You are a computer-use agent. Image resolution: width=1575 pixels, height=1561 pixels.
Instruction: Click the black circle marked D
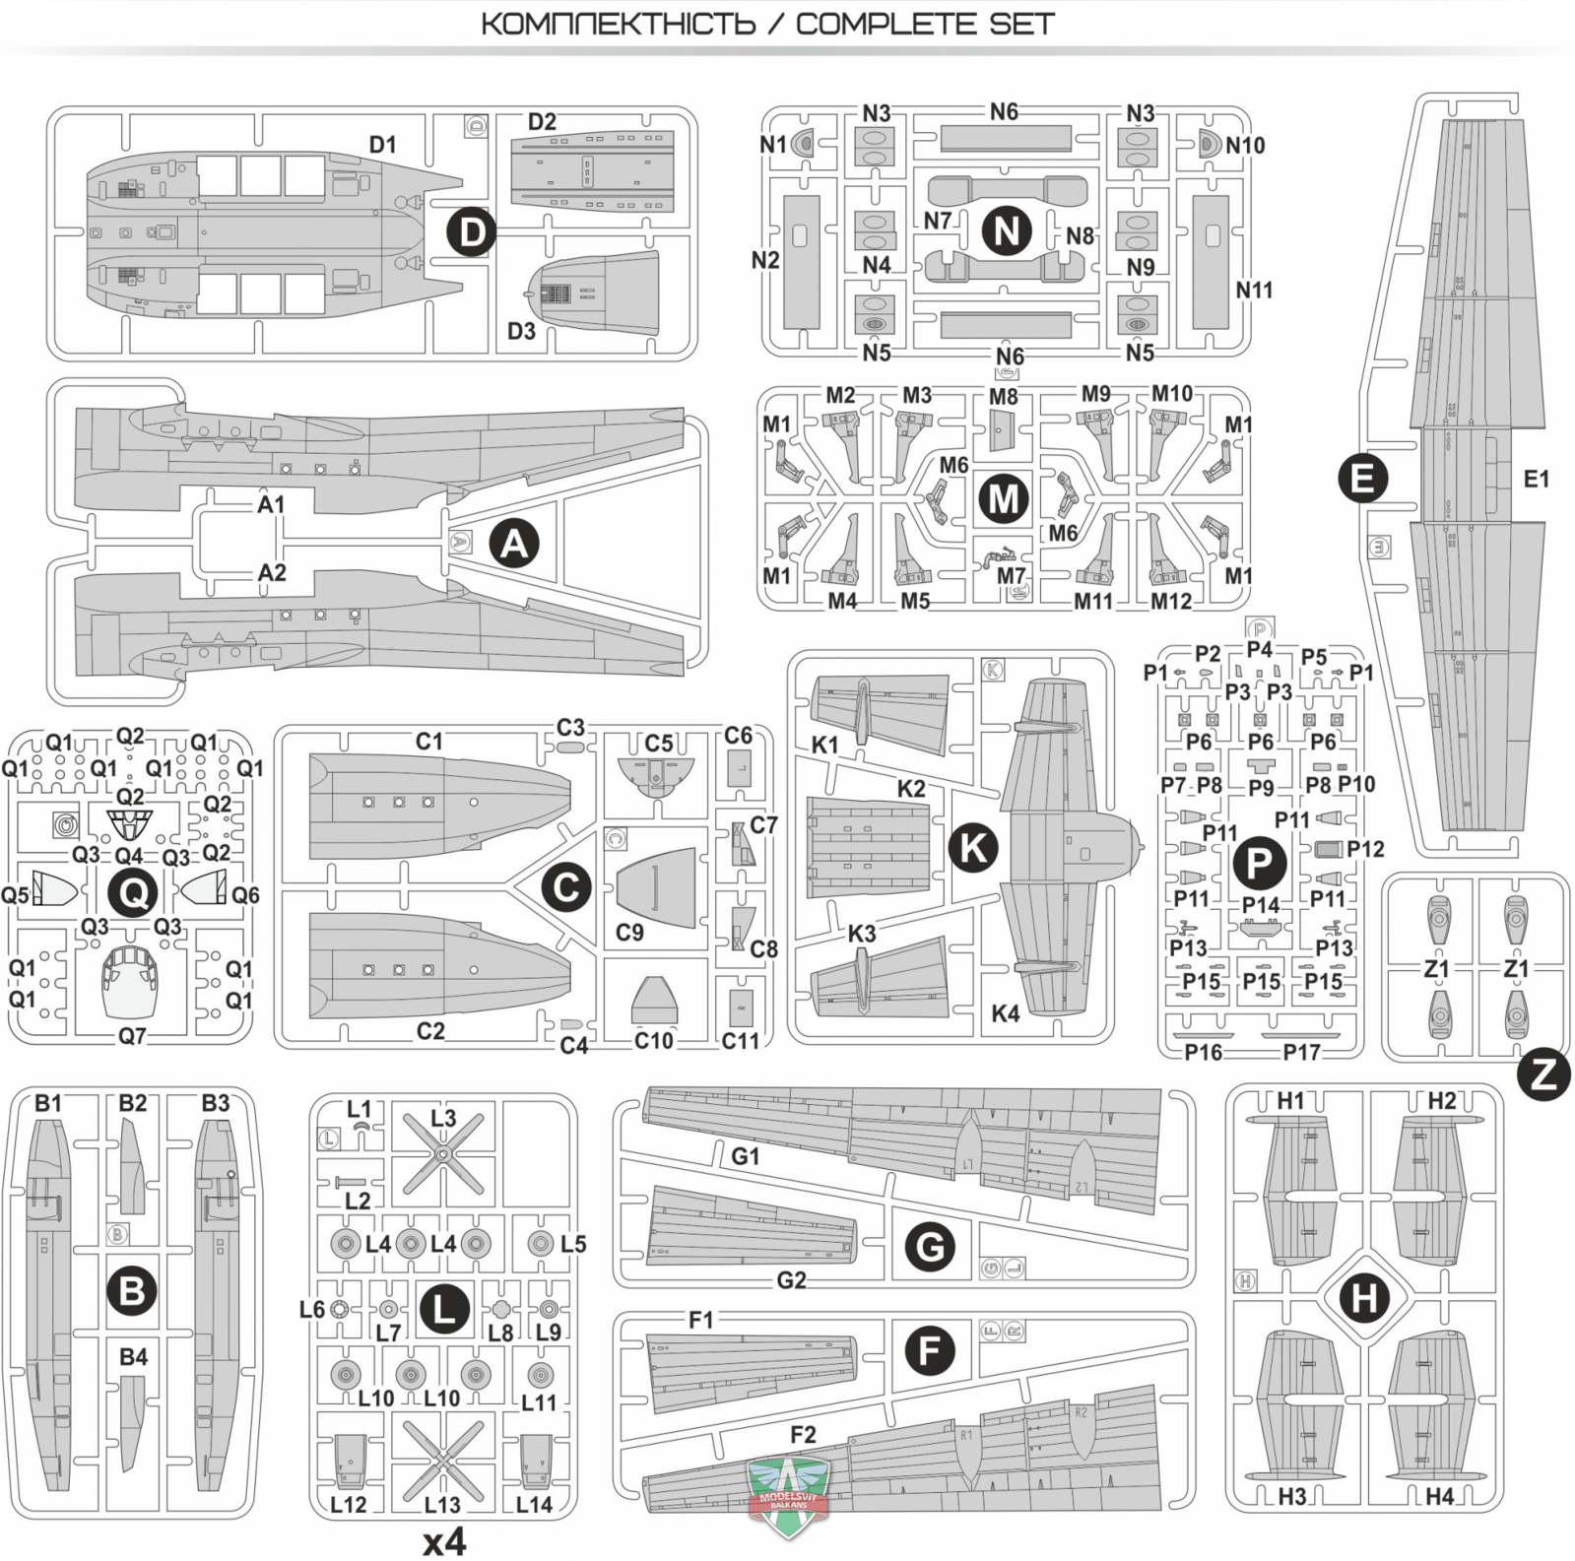(x=473, y=233)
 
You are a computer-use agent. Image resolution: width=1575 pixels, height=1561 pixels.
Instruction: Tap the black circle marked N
(x=1007, y=231)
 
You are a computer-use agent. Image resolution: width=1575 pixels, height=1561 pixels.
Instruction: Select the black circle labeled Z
(x=1542, y=1074)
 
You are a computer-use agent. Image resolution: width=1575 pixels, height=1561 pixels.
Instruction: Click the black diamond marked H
(x=1364, y=1298)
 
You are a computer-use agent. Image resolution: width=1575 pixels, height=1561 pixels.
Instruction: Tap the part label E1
(x=1536, y=480)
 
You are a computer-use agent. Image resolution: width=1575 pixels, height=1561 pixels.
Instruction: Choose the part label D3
(x=521, y=331)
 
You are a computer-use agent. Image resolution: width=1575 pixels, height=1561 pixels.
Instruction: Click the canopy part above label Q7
(x=131, y=979)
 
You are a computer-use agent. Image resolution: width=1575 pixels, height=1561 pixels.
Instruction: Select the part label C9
(x=629, y=932)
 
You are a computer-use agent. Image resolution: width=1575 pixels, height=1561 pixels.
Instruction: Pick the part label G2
(x=791, y=1279)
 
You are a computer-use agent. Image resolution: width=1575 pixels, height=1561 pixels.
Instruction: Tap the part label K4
(x=1005, y=1013)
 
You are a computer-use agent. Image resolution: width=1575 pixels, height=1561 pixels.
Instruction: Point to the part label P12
(x=1365, y=849)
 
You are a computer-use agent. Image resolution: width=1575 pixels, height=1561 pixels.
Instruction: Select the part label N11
(x=1254, y=290)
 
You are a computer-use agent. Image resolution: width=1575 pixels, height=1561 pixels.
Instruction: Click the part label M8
(x=1003, y=397)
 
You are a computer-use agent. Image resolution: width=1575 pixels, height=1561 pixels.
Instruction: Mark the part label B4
(x=133, y=1357)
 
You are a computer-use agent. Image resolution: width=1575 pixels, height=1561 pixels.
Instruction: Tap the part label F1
(x=700, y=1320)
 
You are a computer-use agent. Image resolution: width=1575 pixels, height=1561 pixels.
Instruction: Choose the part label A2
(x=272, y=573)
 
